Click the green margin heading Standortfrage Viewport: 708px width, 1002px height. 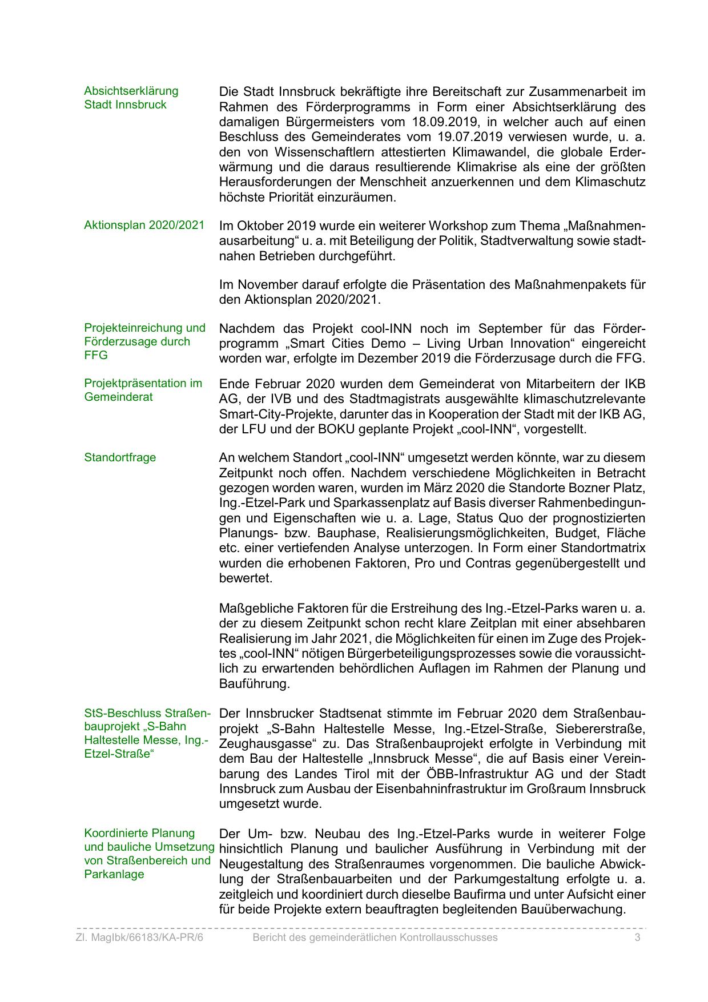coord(120,458)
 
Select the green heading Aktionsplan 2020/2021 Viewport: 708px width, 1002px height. coord(144,225)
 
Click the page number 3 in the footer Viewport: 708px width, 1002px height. coord(637,937)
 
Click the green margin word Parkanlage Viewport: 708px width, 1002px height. coord(114,874)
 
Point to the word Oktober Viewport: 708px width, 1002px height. coord(260,226)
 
